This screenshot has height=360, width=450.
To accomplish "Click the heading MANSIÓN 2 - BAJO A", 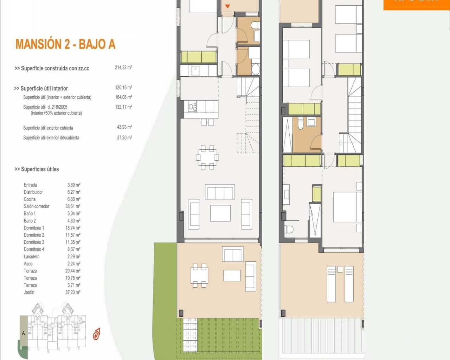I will click(65, 44).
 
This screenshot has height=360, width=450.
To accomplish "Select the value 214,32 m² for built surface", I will click(123, 67).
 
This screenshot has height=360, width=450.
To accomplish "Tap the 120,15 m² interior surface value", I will click(123, 88).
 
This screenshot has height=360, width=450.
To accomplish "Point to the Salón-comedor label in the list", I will click(37, 206).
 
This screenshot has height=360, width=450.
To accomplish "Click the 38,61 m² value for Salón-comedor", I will click(73, 206).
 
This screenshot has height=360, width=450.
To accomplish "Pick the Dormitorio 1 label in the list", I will click(34, 228).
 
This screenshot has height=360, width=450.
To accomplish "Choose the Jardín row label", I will click(29, 292).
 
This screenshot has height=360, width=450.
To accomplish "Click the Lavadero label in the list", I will click(32, 256).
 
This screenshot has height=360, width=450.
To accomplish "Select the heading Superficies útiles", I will click(37, 169).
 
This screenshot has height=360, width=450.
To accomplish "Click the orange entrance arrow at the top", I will click(227, 6).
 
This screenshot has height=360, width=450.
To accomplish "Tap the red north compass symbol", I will click(96, 334).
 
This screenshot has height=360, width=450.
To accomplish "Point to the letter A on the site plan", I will click(24, 333).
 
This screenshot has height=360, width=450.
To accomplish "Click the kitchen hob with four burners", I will click(192, 106).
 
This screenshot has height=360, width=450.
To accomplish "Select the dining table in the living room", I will click(207, 157).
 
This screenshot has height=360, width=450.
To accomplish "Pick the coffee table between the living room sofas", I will click(220, 213).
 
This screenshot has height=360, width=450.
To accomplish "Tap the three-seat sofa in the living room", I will click(220, 192).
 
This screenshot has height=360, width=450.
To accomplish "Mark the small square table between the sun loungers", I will click(340, 269).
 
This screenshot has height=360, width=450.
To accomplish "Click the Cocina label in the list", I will click(30, 199).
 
